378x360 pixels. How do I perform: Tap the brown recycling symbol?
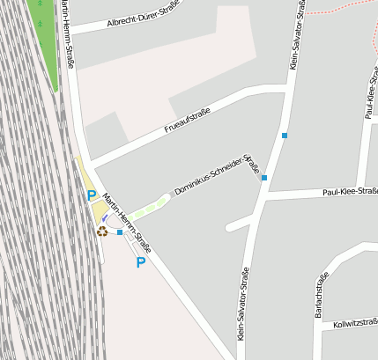102,231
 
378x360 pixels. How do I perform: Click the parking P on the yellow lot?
90,195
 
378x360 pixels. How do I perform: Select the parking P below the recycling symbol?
140,262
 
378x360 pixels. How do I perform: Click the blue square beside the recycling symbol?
120,232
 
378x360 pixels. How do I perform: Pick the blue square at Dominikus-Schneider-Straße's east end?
264,178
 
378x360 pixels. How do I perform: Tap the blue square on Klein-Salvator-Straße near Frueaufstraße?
284,136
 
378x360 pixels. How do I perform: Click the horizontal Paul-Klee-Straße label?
350,190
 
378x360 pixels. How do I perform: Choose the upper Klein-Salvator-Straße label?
296,35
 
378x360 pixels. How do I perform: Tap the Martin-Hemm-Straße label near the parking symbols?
126,223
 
